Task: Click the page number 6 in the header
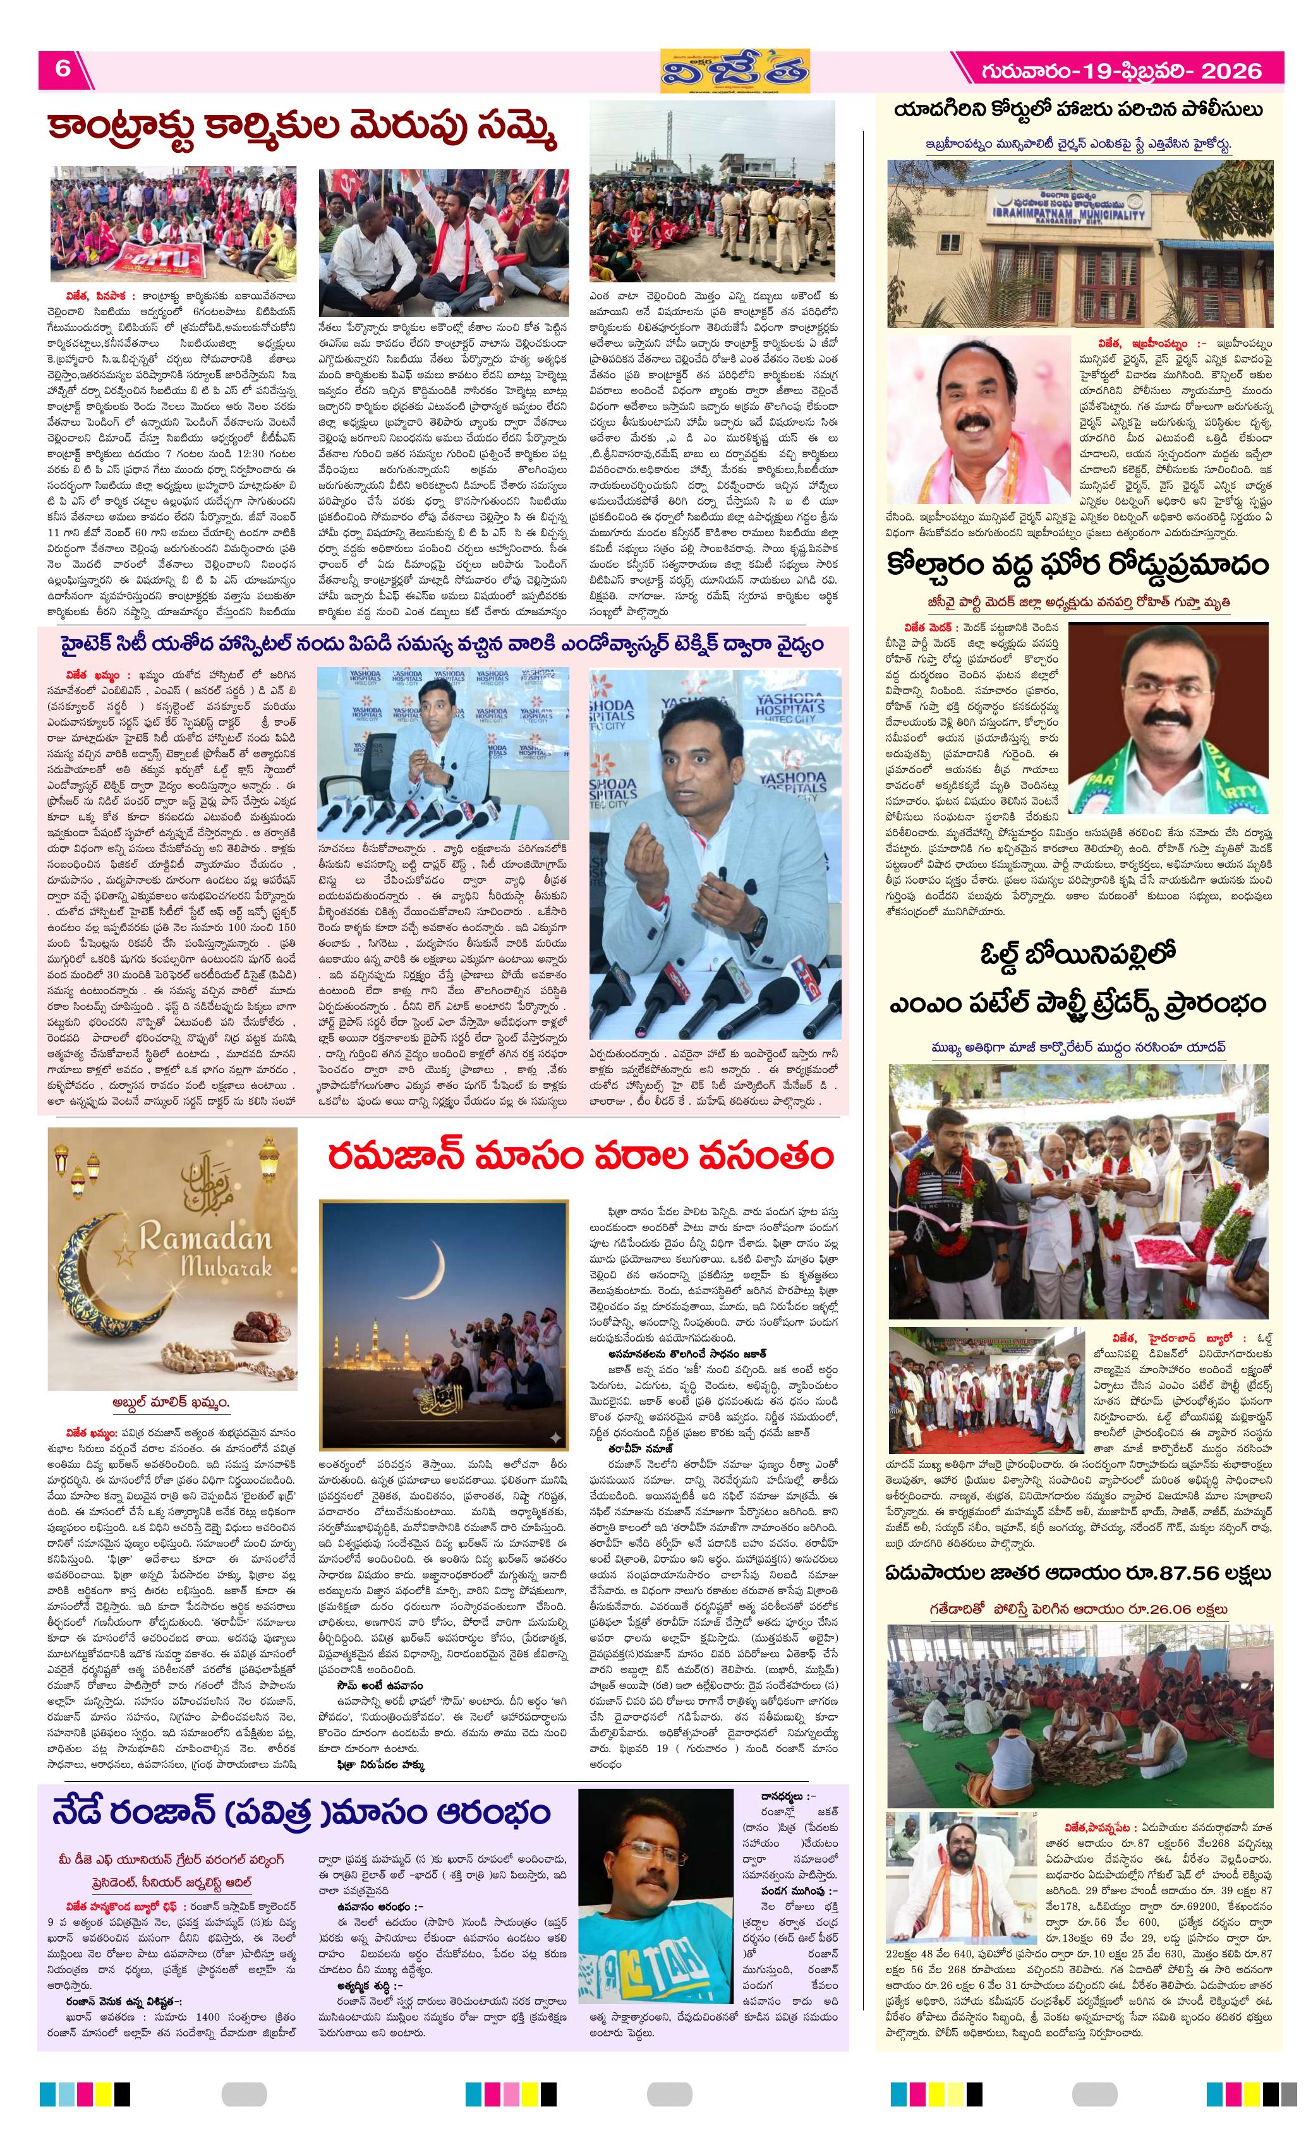tap(63, 69)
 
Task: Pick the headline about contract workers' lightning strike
tap(302, 131)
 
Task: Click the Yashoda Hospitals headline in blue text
tap(442, 645)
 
